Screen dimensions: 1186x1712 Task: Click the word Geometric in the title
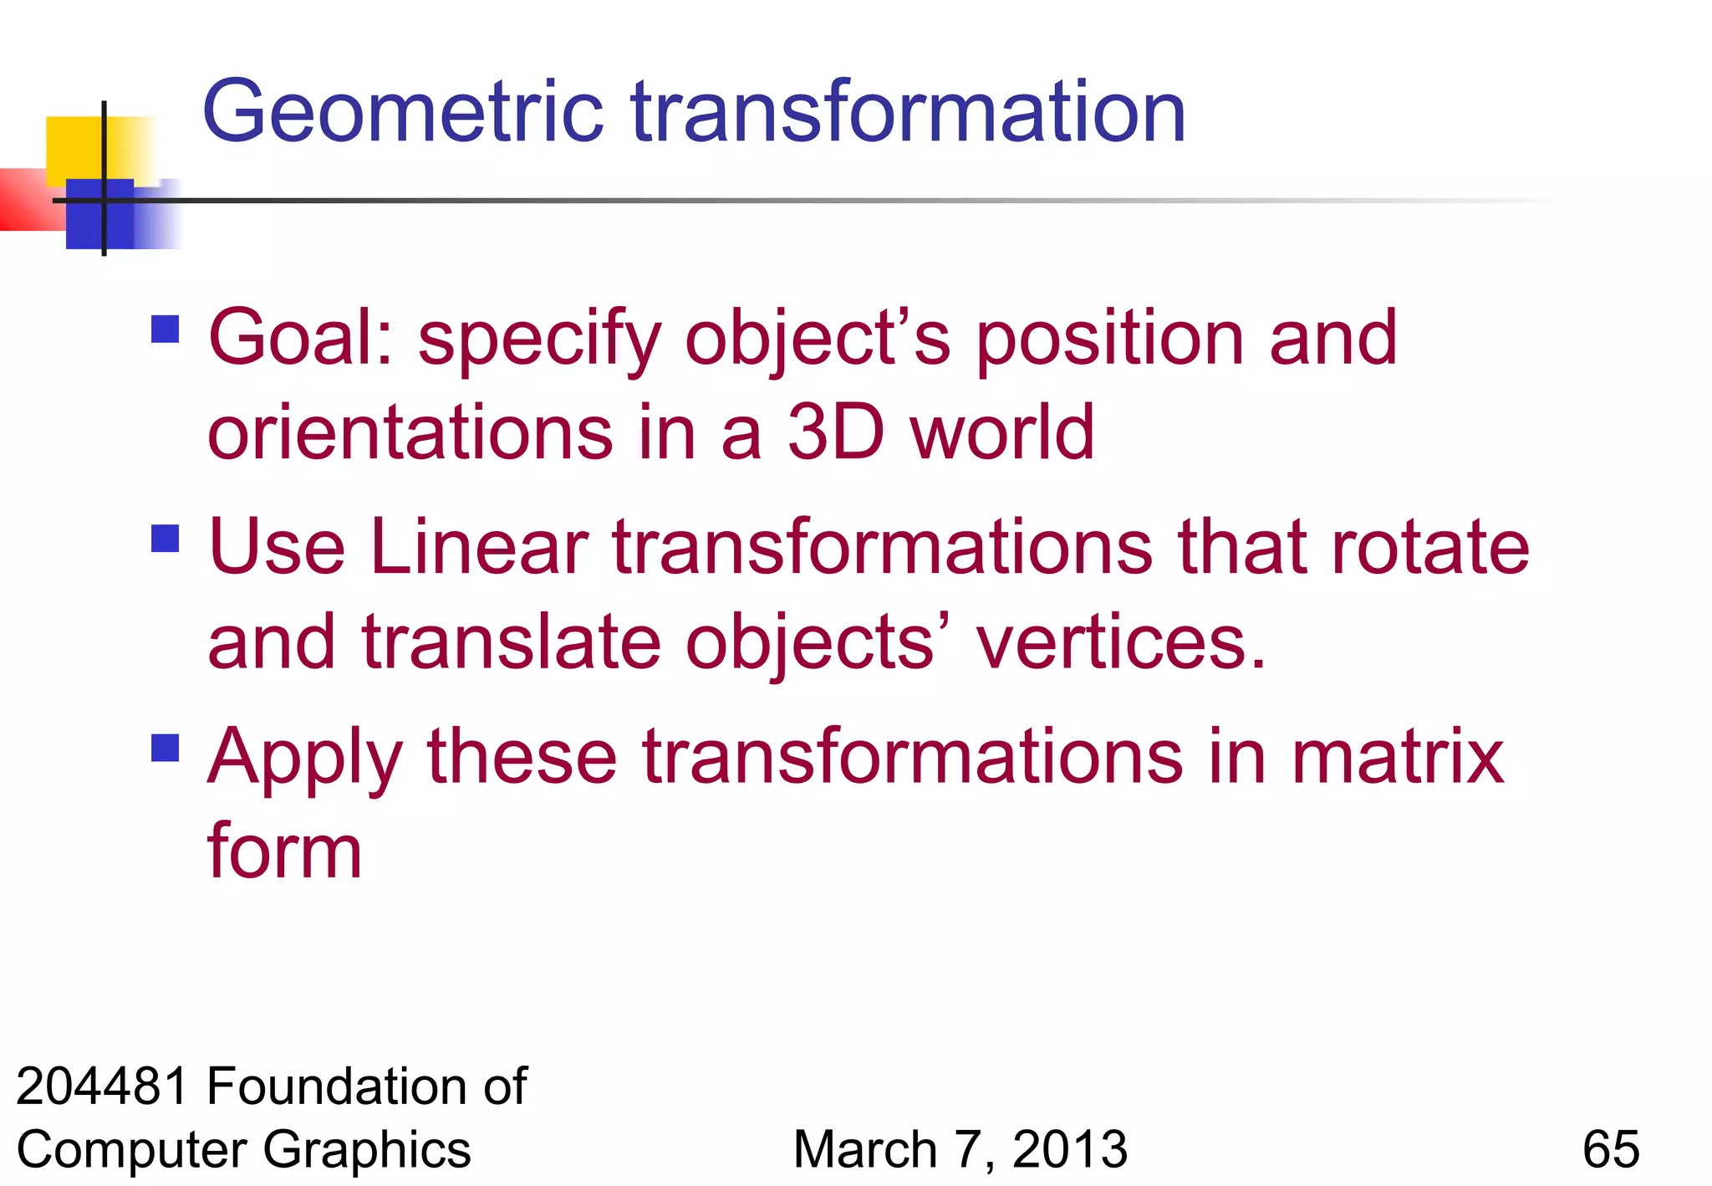tap(402, 113)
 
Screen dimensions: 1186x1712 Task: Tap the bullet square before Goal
tap(166, 329)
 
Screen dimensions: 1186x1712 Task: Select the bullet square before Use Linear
tap(166, 539)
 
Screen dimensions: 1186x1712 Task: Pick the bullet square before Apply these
tap(166, 748)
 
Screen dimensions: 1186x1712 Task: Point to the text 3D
tap(835, 432)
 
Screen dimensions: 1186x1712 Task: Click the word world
tap(1002, 432)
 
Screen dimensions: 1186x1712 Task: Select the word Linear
tap(480, 548)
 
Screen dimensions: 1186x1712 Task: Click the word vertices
tap(1120, 642)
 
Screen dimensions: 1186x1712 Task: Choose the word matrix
tap(1398, 757)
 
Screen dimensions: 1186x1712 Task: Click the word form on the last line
tap(284, 851)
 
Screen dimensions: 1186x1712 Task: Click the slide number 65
tap(1610, 1149)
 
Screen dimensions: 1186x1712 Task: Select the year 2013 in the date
tap(1069, 1149)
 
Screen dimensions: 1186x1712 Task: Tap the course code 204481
tap(102, 1086)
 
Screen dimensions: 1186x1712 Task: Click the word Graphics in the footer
tap(368, 1149)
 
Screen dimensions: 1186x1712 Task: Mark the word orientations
tap(410, 432)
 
